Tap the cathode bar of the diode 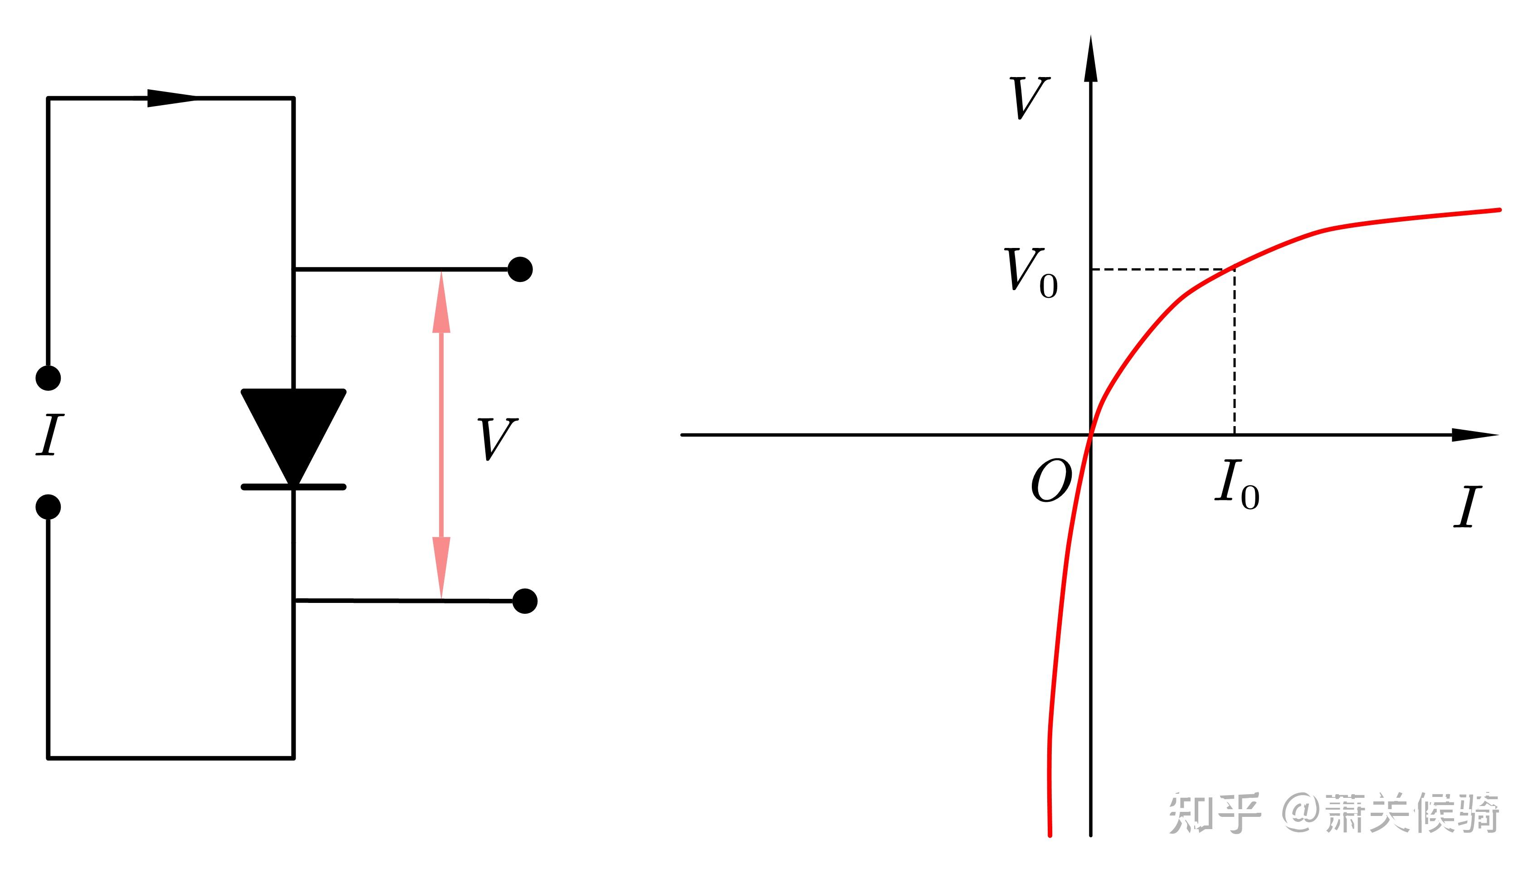coord(293,487)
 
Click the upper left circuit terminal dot coord(48,378)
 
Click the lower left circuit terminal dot coord(48,507)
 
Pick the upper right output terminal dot coord(520,270)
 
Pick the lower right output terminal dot coord(525,601)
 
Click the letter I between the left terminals coord(50,435)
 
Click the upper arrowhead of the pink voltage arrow coord(441,303)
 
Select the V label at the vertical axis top coord(1029,98)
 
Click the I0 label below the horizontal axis coord(1236,484)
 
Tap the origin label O coord(1050,481)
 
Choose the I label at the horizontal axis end coord(1467,507)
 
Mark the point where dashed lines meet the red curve coord(1235,268)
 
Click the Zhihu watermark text coord(1333,813)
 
